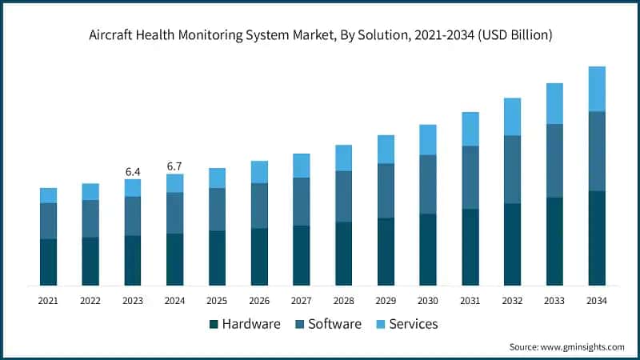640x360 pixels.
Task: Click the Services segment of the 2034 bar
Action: tap(596, 89)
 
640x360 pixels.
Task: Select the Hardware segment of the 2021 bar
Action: tap(48, 262)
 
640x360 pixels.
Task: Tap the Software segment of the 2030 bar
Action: tap(428, 184)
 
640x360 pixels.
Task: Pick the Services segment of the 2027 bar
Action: tap(301, 166)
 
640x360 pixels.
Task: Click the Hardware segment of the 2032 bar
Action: tap(512, 244)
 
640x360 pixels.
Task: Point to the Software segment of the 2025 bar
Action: tap(217, 210)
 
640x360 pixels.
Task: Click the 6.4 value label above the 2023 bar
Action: tap(133, 172)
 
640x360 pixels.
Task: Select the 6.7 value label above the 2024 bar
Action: tap(174, 166)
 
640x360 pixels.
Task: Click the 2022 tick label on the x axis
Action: tap(90, 301)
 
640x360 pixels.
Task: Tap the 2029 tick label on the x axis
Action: tap(386, 301)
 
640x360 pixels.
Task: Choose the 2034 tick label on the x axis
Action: tap(596, 301)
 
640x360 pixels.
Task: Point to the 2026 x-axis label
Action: tap(259, 301)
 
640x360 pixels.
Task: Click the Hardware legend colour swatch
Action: tap(214, 324)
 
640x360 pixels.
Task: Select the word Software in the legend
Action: tap(334, 324)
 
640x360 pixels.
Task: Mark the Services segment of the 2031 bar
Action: tap(470, 129)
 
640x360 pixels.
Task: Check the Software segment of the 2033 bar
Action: tap(554, 160)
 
